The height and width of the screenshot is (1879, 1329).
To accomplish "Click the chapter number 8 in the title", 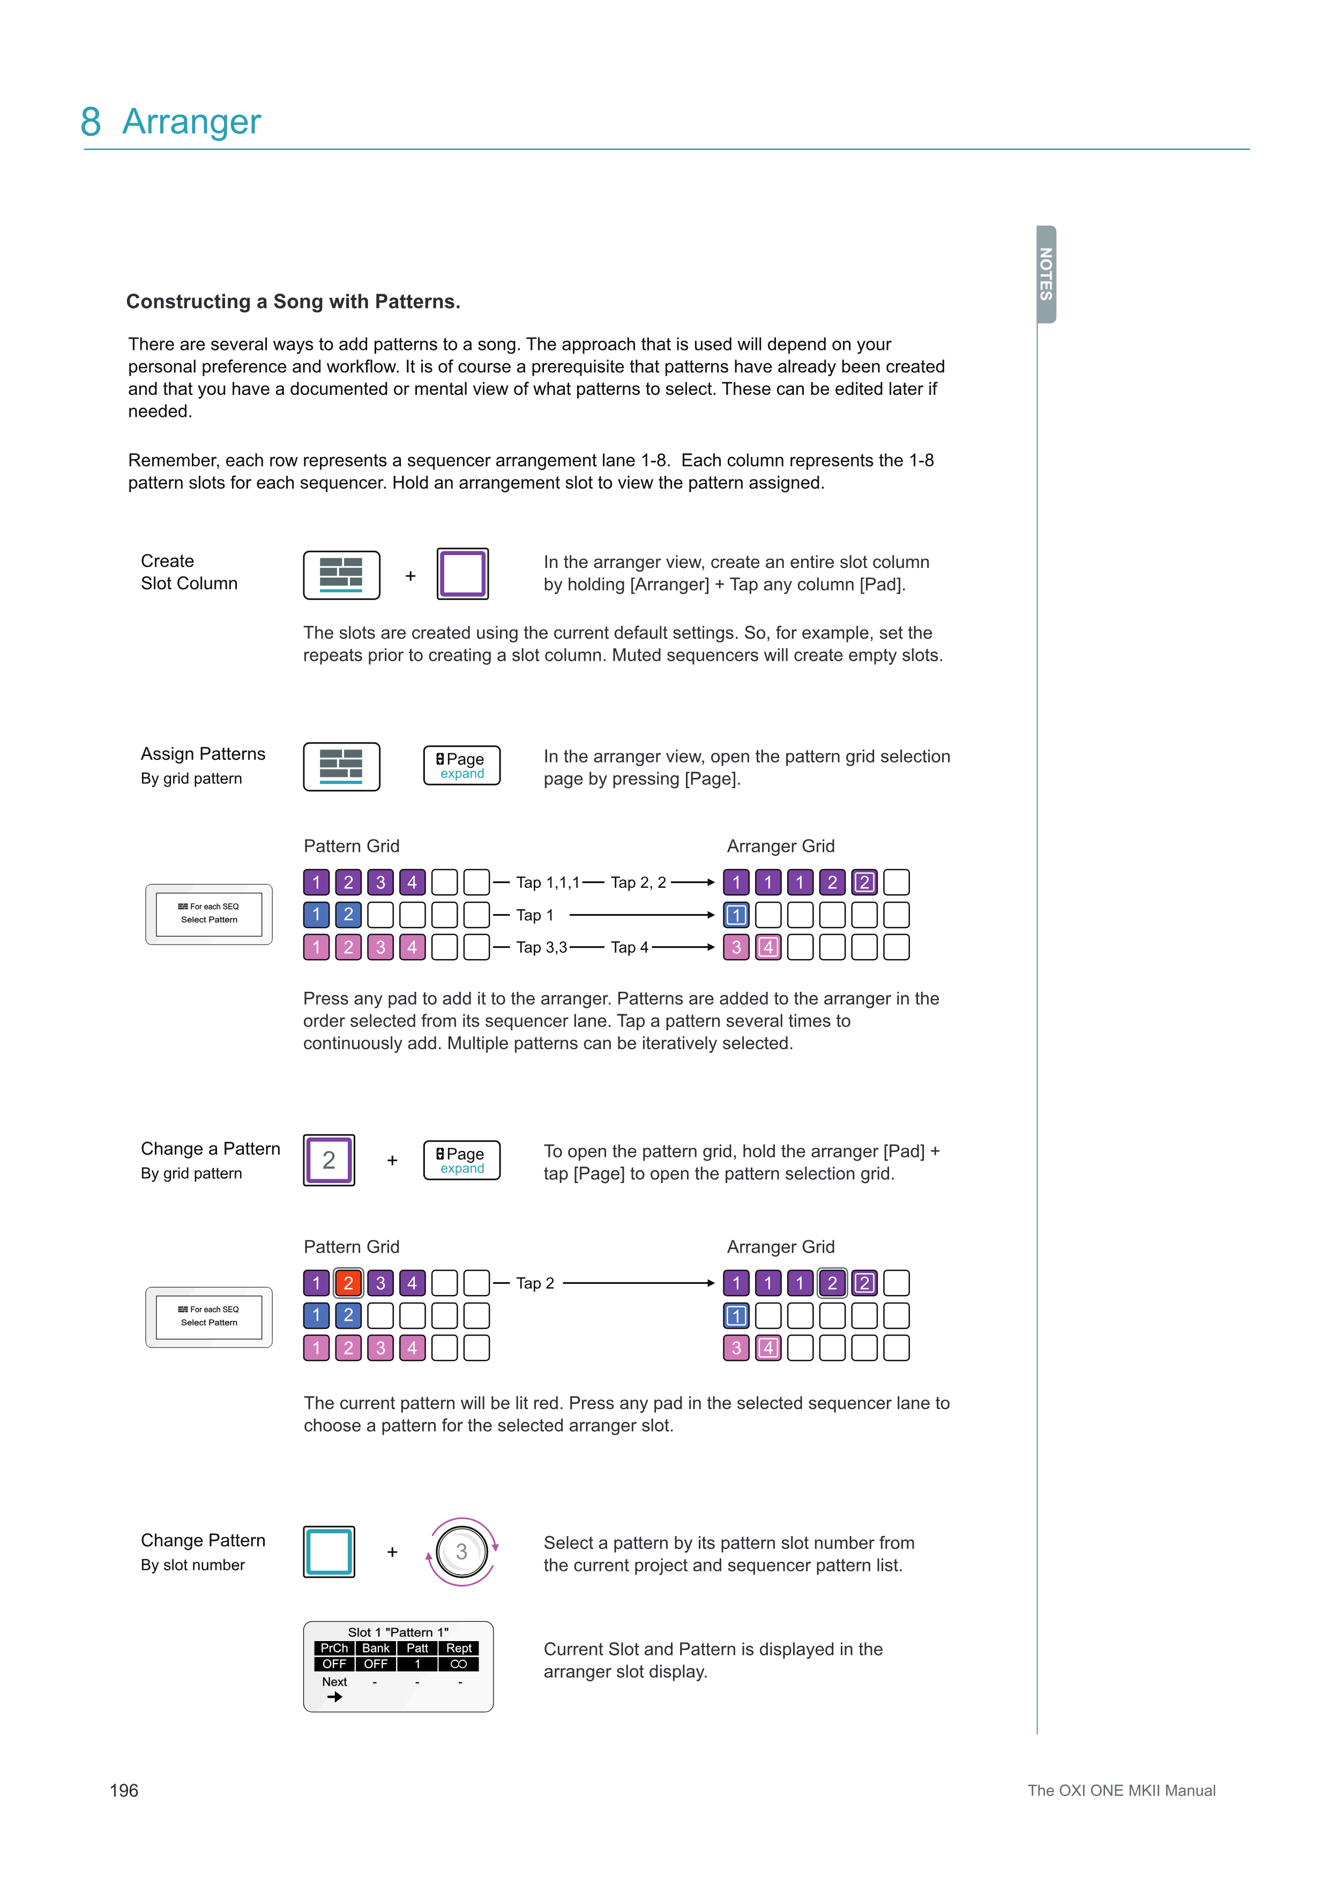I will pos(91,122).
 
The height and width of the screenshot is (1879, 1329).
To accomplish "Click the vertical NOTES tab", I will pos(1046,274).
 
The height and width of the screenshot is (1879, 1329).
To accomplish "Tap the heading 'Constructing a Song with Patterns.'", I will pos(293,302).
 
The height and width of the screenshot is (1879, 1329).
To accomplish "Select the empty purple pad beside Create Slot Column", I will pos(462,574).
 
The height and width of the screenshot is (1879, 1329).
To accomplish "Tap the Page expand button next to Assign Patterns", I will pos(461,765).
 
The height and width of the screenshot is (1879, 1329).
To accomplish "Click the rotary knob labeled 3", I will pos(461,1552).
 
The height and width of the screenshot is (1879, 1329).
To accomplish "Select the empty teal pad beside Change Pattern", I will pos(329,1552).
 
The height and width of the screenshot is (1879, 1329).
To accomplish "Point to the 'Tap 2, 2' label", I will pos(638,882).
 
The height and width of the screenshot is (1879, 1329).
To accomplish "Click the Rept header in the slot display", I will pos(459,1648).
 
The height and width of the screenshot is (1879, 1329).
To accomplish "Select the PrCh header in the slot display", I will pos(334,1648).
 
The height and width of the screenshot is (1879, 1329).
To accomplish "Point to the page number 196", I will pos(124,1791).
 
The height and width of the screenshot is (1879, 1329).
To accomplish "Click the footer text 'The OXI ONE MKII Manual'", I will pos(1121,1791).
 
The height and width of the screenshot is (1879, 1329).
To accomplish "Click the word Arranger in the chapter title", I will pos(191,122).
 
